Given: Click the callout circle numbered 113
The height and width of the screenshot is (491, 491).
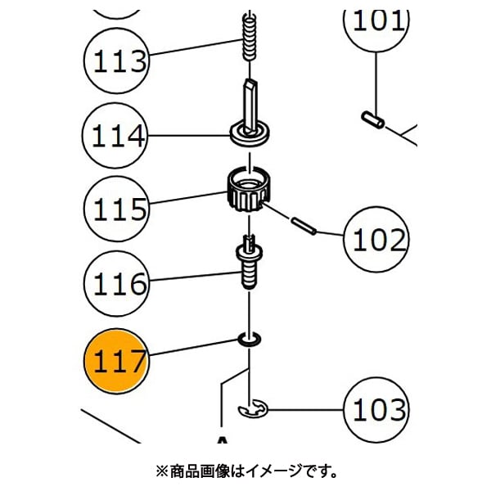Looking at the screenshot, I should (117, 60).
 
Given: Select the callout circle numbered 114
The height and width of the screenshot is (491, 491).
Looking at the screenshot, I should (117, 135).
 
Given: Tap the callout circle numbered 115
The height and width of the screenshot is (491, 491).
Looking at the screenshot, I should (117, 209).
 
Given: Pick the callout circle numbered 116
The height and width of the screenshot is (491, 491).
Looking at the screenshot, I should (117, 285).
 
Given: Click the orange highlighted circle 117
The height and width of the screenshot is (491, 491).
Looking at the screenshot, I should (117, 361).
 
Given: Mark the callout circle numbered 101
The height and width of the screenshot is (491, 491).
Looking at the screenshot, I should (376, 20).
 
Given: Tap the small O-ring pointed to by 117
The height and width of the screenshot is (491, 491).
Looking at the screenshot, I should (248, 340).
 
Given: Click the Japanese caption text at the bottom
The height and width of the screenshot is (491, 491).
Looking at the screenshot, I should (245, 471).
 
